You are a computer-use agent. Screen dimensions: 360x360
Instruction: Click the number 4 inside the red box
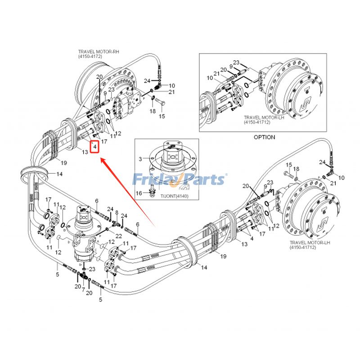94,147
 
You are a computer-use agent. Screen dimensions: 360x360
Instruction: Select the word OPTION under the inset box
264,137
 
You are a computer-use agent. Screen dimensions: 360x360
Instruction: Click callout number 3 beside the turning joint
140,159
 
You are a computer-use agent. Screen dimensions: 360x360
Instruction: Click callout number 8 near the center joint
117,212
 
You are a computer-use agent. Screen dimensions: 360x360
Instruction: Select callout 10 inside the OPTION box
210,78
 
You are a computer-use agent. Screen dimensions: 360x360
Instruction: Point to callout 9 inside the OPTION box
231,67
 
